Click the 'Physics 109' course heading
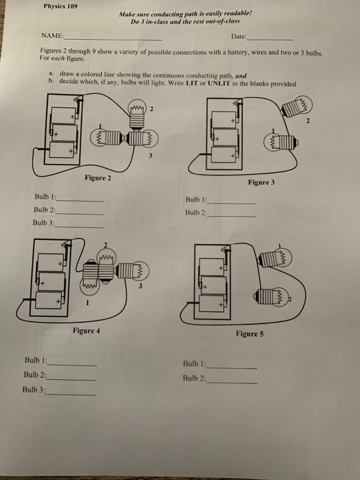pyautogui.click(x=60, y=6)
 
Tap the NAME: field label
pyautogui.click(x=52, y=36)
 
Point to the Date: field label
pyautogui.click(x=239, y=36)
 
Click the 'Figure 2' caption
pyautogui.click(x=97, y=178)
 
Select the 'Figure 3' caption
pyautogui.click(x=261, y=182)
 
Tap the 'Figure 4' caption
pyautogui.click(x=86, y=331)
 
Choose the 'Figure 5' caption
pyautogui.click(x=250, y=334)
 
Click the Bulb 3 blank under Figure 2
pyautogui.click(x=79, y=228)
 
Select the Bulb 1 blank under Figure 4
pyautogui.click(x=72, y=365)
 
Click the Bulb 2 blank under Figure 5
pyautogui.click(x=232, y=383)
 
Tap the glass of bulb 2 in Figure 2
pyautogui.click(x=137, y=107)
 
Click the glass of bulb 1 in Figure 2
pyautogui.click(x=97, y=137)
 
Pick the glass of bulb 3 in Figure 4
pyautogui.click(x=141, y=270)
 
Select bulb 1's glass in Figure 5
pyautogui.click(x=283, y=257)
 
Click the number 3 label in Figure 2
pyautogui.click(x=150, y=156)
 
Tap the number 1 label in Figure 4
pyautogui.click(x=87, y=303)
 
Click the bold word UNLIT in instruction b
pyautogui.click(x=219, y=83)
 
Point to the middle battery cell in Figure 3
pyautogui.click(x=226, y=137)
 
